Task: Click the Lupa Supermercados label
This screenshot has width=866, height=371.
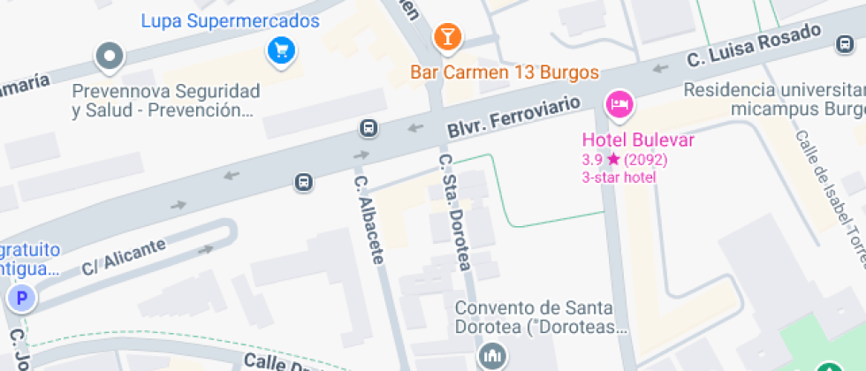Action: [x=230, y=19]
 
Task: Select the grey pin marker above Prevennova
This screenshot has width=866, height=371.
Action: [x=110, y=56]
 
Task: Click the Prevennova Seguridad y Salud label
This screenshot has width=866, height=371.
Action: [x=166, y=101]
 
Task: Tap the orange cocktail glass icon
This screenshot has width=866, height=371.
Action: [x=447, y=37]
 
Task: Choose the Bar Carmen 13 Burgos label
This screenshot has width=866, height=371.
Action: [x=505, y=72]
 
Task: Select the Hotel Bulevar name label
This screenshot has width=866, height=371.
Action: [x=638, y=140]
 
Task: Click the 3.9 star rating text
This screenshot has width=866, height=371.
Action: [x=624, y=160]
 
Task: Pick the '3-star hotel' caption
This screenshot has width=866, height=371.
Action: [x=619, y=178]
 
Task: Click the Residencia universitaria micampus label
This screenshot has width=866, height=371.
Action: [x=774, y=99]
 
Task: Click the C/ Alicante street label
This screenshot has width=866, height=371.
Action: [x=123, y=255]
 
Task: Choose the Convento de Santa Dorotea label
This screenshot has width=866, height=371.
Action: [x=541, y=318]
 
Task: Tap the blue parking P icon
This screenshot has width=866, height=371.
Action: [x=20, y=299]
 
